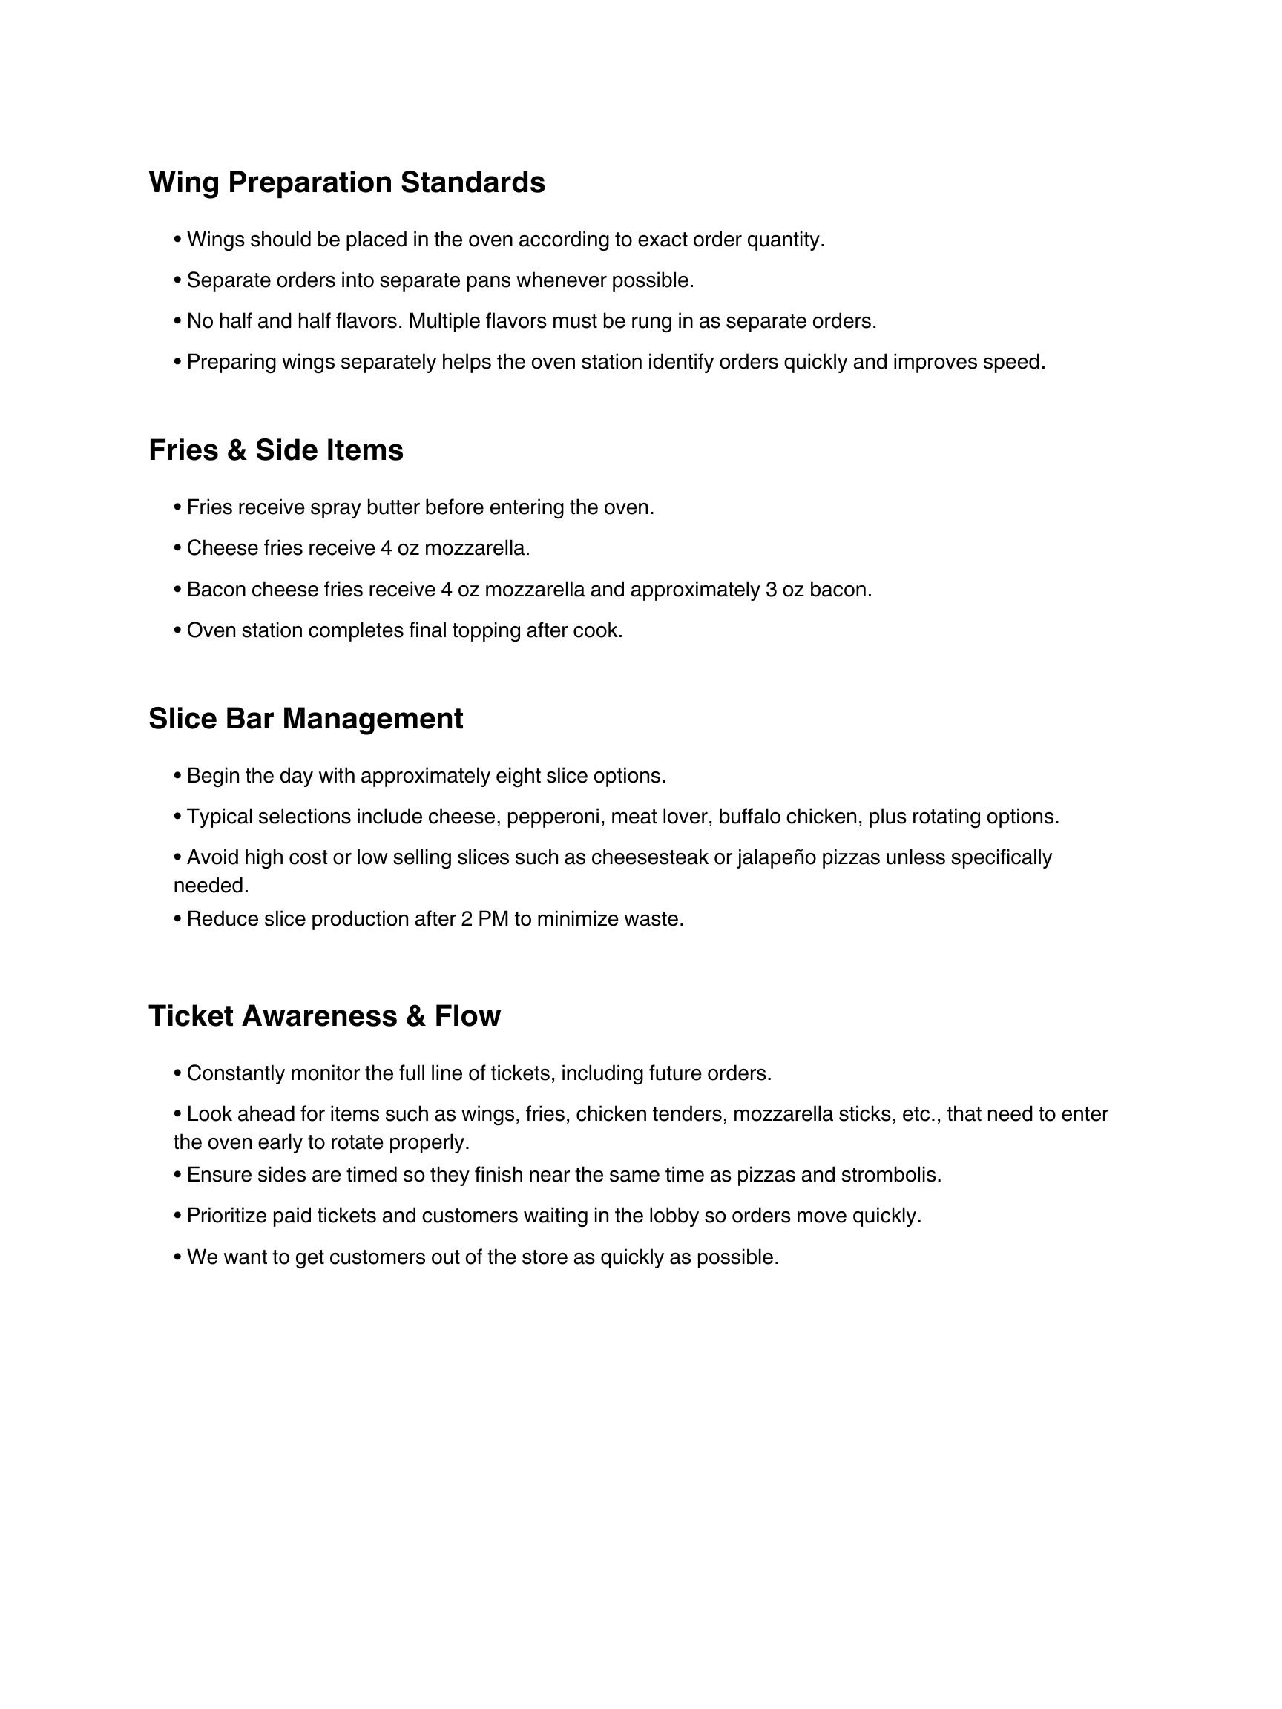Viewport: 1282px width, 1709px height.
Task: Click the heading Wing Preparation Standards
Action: click(x=346, y=183)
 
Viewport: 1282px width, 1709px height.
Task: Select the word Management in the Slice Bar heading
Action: click(x=372, y=720)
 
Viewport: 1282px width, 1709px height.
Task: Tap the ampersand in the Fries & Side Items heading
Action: click(x=237, y=451)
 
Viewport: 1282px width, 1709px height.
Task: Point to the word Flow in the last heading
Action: click(x=467, y=1017)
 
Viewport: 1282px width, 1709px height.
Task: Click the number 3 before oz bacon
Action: click(x=770, y=590)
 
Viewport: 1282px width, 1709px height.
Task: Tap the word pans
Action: click(x=488, y=280)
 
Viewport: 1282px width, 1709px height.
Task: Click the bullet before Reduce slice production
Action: click(x=178, y=918)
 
